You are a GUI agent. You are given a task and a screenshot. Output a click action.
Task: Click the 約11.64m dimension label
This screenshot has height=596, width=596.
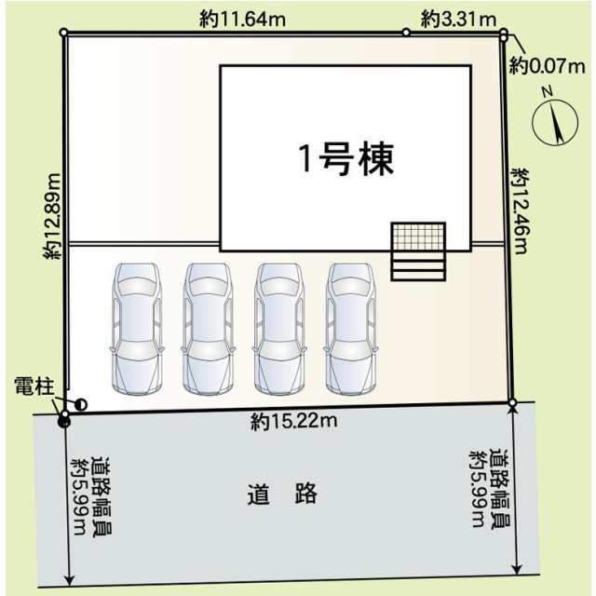point(242,19)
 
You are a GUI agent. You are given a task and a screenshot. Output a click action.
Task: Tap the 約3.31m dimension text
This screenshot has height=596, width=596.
point(458,19)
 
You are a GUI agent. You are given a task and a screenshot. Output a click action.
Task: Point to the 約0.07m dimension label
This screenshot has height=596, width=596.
point(547,66)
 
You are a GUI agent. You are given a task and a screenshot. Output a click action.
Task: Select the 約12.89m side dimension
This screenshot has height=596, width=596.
point(52,216)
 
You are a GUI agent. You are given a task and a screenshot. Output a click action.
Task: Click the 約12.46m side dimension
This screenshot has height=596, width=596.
point(521,211)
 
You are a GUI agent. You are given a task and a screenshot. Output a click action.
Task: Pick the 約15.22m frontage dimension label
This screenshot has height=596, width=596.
point(294,421)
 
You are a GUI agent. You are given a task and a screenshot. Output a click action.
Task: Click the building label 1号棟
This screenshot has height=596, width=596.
point(346,159)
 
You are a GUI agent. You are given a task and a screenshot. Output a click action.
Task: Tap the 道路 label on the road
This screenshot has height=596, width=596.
point(282,494)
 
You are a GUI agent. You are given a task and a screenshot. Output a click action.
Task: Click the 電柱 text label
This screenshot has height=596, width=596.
point(34,386)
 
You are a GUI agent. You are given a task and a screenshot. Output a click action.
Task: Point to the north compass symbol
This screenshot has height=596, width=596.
point(555,121)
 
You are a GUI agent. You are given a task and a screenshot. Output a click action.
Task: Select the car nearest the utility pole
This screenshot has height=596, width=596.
point(137,329)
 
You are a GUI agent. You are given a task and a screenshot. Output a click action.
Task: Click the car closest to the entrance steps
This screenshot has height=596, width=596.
point(351,329)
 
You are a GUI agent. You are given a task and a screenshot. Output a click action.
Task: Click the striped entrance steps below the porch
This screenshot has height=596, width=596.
point(418,265)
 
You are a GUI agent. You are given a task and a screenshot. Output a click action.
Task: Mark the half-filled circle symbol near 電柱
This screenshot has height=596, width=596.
point(81,405)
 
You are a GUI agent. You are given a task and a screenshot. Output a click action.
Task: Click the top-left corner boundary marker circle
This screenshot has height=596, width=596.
point(64,33)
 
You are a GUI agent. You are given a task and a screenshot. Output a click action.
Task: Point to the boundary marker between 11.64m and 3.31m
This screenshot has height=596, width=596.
point(406,33)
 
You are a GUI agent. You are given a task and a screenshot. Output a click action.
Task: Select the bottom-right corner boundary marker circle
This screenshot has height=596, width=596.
point(512,402)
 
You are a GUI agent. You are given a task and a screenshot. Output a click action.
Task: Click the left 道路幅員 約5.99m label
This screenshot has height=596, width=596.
point(91,497)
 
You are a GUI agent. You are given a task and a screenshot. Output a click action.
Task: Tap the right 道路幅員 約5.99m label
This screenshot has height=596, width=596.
point(490,490)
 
